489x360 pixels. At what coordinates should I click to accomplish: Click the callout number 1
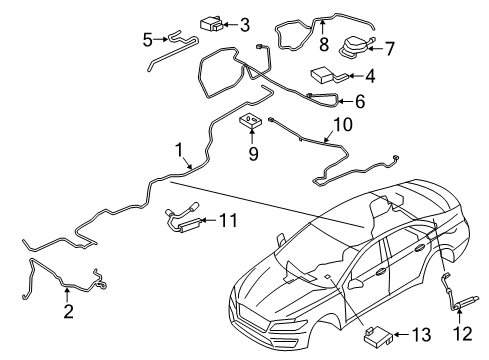click(178, 151)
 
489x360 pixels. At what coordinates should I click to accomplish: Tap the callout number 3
click(243, 23)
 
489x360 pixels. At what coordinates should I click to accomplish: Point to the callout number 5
click(147, 40)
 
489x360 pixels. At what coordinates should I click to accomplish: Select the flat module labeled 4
click(324, 72)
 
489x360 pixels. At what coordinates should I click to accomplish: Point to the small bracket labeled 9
click(250, 122)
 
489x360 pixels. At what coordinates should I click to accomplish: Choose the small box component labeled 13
click(380, 332)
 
